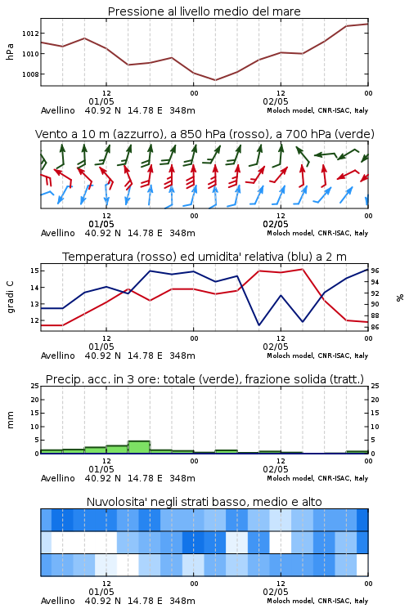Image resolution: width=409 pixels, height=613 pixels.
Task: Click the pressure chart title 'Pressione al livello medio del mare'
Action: click(204, 11)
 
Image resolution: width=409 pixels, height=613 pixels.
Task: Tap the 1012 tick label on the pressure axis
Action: click(30, 34)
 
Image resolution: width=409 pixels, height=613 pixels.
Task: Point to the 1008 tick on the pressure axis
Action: click(30, 74)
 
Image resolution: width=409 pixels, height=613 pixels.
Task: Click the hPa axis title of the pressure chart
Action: click(10, 51)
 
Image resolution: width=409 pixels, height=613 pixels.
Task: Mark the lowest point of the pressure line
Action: click(215, 80)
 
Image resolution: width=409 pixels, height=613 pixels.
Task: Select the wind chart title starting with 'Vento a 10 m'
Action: click(204, 134)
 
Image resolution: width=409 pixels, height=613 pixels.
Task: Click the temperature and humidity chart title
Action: click(204, 257)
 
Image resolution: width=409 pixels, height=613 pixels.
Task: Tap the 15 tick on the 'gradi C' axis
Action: click(34, 271)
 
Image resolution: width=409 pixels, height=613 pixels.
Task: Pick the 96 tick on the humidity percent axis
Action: click(375, 271)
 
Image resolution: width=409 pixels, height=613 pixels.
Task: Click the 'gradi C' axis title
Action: click(10, 297)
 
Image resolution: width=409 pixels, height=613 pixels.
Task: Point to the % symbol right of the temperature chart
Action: click(400, 298)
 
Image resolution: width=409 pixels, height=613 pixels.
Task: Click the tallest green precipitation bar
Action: click(139, 447)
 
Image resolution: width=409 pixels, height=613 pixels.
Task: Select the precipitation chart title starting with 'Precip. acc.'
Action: click(204, 379)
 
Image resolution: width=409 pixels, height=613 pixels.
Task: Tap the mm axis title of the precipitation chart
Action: click(10, 420)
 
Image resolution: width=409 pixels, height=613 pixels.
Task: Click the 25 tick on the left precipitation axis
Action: click(34, 386)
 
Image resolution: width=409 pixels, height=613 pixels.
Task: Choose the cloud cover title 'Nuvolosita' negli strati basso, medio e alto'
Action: click(204, 502)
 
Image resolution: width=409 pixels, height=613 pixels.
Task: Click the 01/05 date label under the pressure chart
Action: click(101, 101)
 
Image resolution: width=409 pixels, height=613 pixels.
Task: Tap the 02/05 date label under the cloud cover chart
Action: click(276, 592)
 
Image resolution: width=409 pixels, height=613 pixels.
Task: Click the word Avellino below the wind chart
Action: click(58, 233)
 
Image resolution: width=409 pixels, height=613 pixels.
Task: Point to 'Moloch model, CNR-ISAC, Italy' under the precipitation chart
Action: click(317, 478)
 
